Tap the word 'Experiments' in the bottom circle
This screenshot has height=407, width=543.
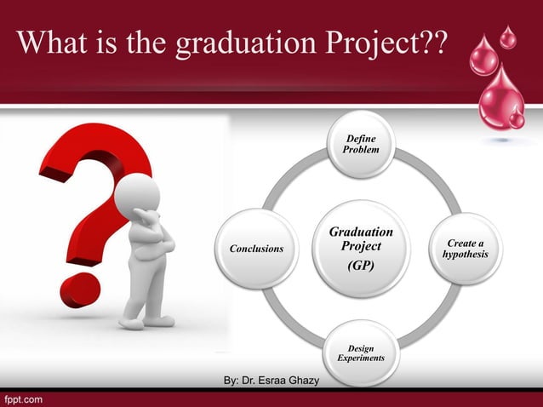(360, 358)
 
